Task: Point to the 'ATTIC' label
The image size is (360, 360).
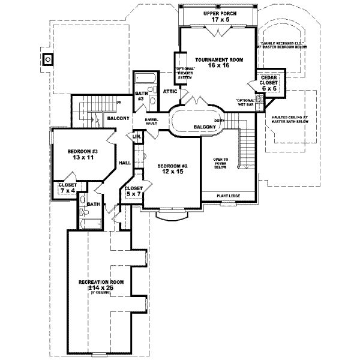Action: (x=170, y=91)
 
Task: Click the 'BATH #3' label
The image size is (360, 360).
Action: (x=142, y=96)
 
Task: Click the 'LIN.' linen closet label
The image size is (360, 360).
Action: (x=137, y=137)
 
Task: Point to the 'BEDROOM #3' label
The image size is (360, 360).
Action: (x=83, y=152)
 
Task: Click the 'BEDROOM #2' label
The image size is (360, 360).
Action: (x=169, y=166)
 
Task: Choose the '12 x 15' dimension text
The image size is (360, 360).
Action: (x=169, y=172)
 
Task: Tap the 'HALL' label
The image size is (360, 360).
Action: (x=125, y=163)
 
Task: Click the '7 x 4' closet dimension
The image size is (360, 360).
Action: (x=67, y=191)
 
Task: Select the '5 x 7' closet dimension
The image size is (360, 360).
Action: (x=133, y=194)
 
